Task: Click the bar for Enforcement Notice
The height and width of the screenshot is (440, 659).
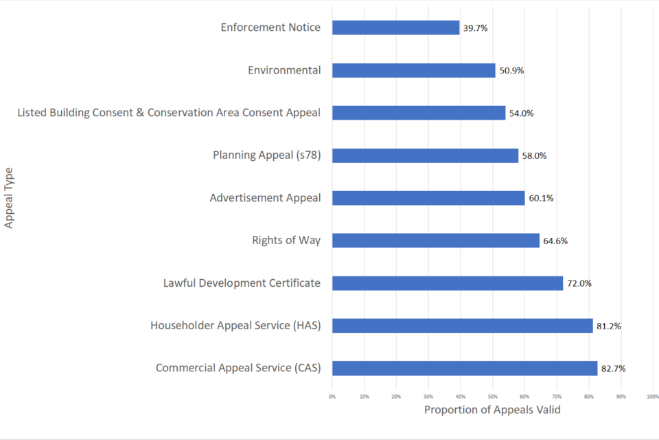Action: coord(395,27)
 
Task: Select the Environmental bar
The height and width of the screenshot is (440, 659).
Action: coord(413,70)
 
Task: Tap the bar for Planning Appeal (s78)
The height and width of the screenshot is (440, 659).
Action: coord(425,155)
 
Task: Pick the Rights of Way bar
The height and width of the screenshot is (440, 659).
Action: coord(435,241)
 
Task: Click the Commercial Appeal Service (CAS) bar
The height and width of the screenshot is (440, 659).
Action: coord(465,368)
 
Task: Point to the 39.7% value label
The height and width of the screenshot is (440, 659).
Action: coord(475,28)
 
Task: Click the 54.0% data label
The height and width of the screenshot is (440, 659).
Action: coord(521,113)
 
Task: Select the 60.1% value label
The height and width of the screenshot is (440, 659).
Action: coord(541,199)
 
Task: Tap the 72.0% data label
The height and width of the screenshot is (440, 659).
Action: coord(579,284)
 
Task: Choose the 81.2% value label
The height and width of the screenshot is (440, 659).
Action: coord(608,327)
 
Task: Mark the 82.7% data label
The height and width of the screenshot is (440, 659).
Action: coord(613,369)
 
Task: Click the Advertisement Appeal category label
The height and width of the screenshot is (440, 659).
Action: coord(265,198)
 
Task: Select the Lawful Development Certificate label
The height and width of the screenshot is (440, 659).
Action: coord(242,283)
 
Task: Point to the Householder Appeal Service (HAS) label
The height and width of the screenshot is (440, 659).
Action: coord(235,326)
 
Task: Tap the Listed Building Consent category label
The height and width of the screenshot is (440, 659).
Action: coord(169,113)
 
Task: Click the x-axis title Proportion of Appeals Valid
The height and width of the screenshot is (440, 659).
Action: coord(492,410)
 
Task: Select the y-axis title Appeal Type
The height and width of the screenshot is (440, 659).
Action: coord(10,199)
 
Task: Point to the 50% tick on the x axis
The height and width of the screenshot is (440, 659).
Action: coord(492,397)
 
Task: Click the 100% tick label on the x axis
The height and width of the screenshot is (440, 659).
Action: coord(653,397)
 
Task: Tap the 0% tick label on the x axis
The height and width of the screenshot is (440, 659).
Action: coord(332,397)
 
